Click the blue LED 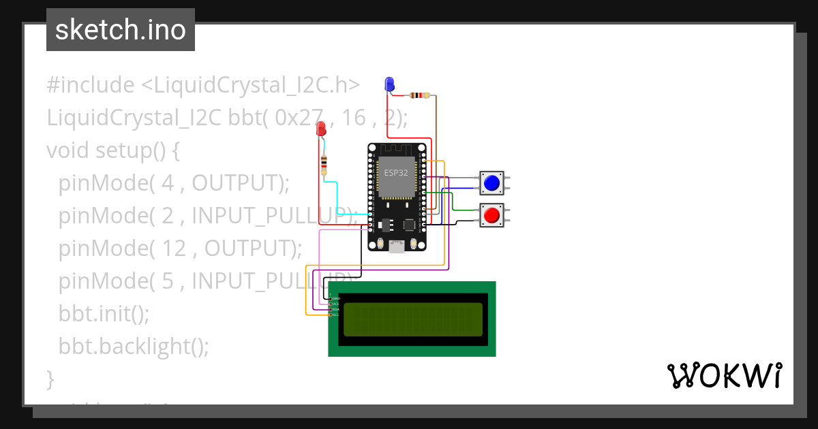[389, 84]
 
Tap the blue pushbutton [491, 182]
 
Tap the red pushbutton [491, 216]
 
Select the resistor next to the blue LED [417, 96]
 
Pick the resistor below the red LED [324, 163]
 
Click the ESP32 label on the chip [395, 173]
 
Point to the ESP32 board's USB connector [396, 246]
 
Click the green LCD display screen [412, 319]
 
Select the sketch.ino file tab [121, 30]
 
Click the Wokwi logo [724, 375]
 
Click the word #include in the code [91, 85]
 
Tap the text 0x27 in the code [299, 118]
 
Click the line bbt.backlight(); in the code [134, 346]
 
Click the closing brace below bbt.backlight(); [50, 378]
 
